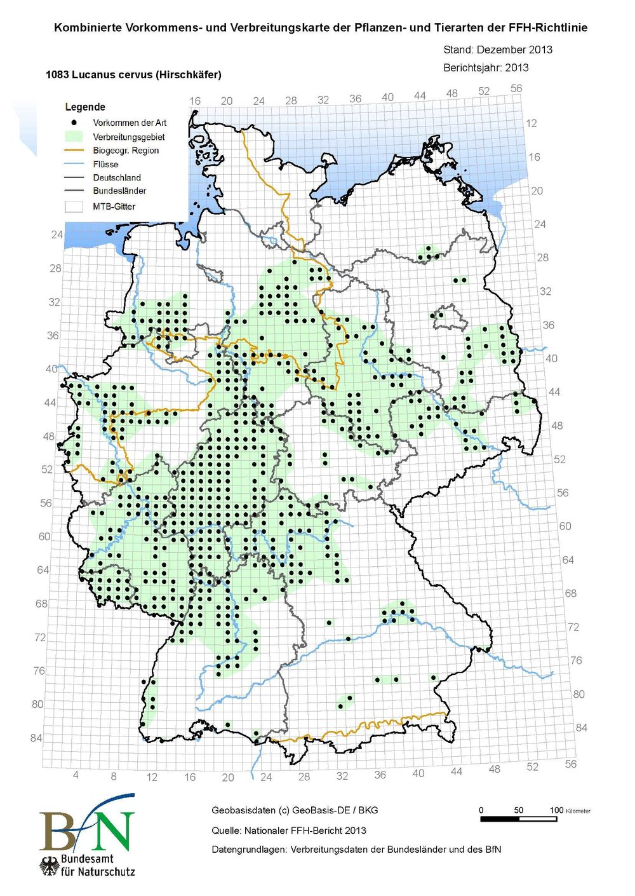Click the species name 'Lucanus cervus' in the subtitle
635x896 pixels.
(103, 75)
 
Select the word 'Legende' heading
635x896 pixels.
(85, 107)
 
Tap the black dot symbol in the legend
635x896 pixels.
(74, 123)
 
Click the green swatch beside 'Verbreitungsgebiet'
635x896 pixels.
(74, 137)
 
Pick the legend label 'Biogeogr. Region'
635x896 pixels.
(126, 151)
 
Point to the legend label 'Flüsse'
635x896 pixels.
(105, 164)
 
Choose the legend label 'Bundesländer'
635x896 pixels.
(119, 191)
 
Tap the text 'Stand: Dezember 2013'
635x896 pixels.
(497, 50)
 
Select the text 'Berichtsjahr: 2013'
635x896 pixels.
(486, 67)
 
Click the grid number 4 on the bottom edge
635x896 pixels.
(76, 775)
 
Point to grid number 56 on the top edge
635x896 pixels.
(516, 88)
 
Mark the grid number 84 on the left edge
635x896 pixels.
(36, 738)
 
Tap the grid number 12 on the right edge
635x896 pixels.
(531, 123)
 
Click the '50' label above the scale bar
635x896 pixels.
(518, 810)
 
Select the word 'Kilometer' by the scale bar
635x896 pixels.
(578, 811)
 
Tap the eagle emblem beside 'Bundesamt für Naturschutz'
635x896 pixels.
(50, 865)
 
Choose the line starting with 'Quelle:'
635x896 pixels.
(289, 831)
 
